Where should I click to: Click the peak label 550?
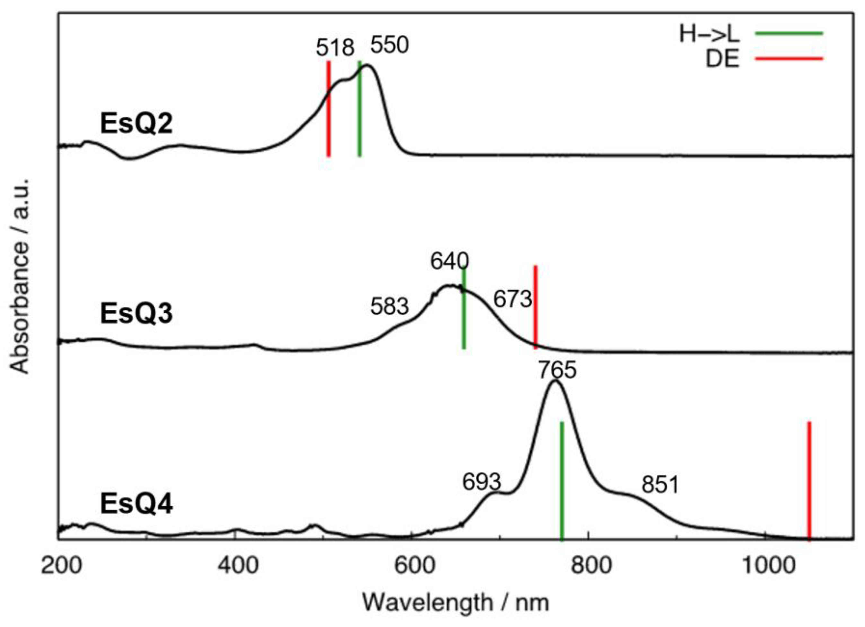[x=389, y=45]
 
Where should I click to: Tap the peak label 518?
[x=335, y=49]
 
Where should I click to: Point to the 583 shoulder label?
[x=389, y=307]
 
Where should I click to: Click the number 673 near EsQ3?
[x=512, y=299]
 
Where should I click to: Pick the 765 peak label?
[x=557, y=370]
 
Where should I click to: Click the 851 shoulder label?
[x=660, y=485]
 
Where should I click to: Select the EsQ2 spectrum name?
[x=136, y=124]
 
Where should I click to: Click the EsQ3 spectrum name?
[x=136, y=314]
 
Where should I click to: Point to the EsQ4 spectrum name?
[x=136, y=504]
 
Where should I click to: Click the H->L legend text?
[x=709, y=35]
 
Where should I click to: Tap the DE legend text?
[x=722, y=59]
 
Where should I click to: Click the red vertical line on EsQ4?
[x=809, y=481]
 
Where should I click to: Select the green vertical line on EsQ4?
[x=561, y=481]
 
